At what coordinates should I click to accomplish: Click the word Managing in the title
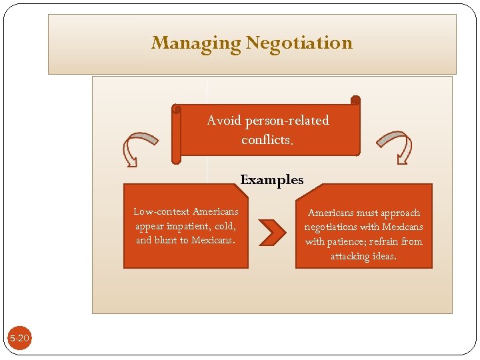(197, 43)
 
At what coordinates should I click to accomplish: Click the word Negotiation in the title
(299, 43)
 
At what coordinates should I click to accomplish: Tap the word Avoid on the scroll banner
(225, 121)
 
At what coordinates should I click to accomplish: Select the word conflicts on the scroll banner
(266, 140)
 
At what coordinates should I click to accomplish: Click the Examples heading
(271, 179)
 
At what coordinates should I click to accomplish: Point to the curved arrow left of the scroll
(139, 147)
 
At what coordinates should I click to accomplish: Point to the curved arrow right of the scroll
(395, 146)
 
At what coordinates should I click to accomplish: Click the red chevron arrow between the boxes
(271, 231)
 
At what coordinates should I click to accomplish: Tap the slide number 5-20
(19, 339)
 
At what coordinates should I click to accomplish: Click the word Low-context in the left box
(162, 212)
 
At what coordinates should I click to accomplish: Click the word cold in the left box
(225, 226)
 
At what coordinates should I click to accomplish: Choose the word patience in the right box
(347, 241)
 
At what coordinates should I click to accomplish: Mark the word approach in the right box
(400, 213)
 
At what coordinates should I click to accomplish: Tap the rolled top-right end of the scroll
(355, 101)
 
